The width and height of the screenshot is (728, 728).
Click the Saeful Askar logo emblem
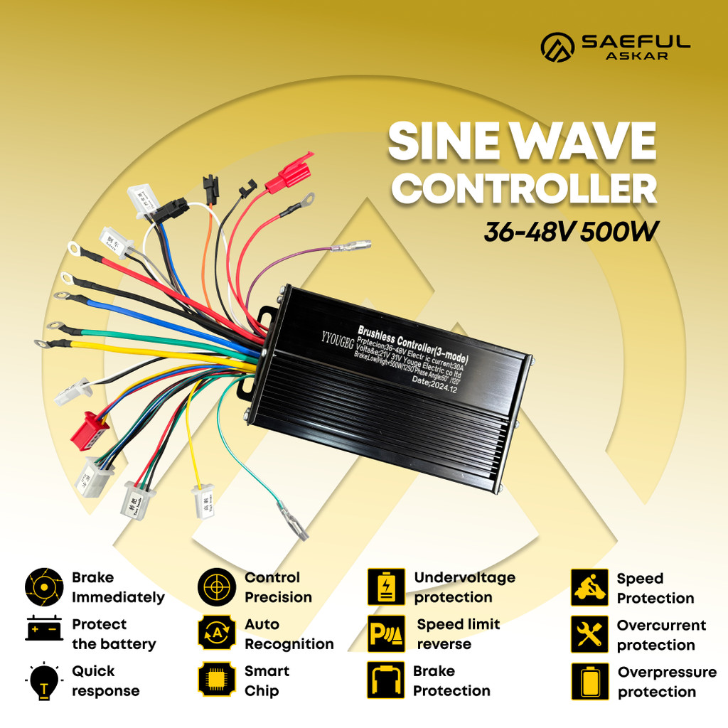coord(558,46)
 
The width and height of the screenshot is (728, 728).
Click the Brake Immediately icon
coord(44,587)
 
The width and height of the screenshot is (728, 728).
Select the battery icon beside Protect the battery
coord(44,629)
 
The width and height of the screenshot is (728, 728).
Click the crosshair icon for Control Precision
coord(217,587)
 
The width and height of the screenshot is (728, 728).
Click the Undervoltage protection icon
coord(386,587)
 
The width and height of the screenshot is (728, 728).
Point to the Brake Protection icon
coord(386,680)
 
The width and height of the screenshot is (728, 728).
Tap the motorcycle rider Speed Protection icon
coord(589,587)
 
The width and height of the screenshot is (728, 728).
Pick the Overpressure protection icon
coord(589,681)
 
